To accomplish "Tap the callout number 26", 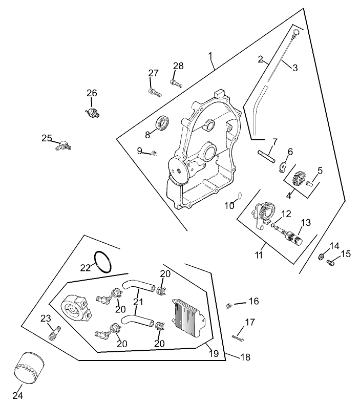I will coord(92,93).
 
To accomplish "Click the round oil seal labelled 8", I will coord(163,123).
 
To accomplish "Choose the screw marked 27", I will coord(154,93).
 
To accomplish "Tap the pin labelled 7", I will coord(267,154).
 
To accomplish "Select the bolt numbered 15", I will coord(330,263).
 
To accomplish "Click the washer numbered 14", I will coord(322,256).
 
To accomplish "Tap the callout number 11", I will coord(260,254).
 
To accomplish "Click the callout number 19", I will coord(214,353).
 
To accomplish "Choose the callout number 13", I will coord(306,222).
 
